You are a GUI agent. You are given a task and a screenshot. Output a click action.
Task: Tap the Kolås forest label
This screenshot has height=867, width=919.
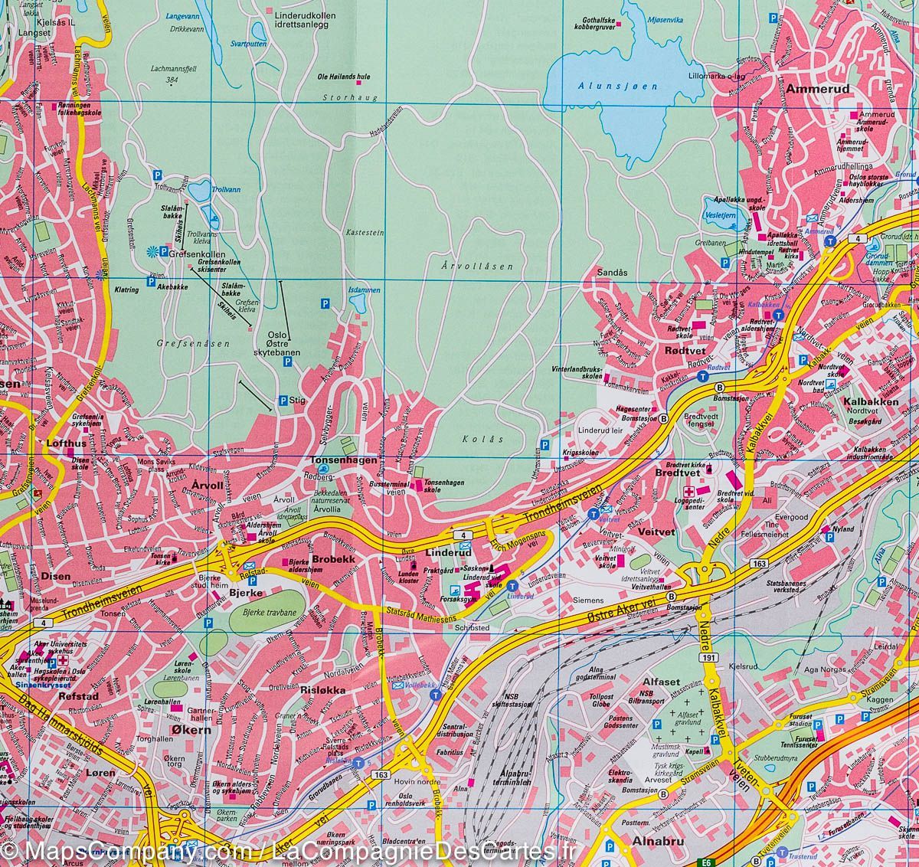pyautogui.click(x=477, y=439)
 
